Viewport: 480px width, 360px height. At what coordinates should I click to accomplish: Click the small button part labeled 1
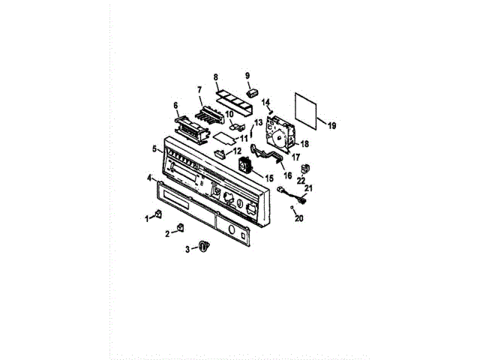point(159,216)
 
